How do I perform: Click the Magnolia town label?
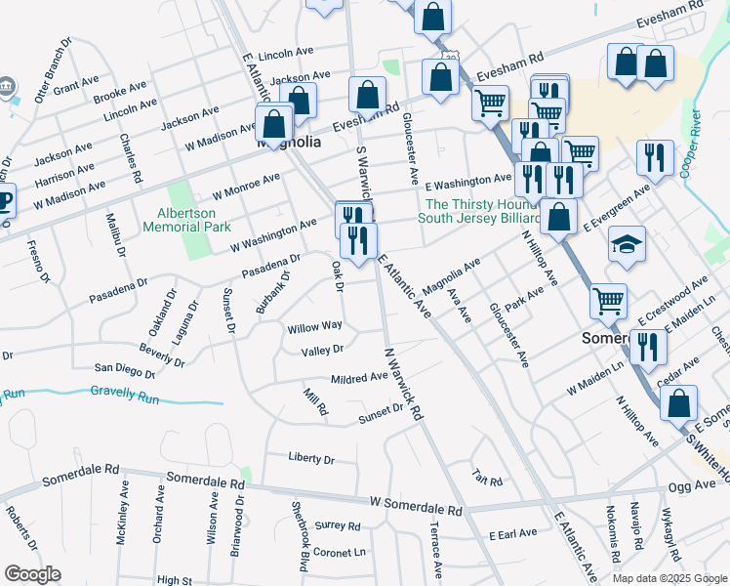289,143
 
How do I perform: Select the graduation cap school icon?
626,244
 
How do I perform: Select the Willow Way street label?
314,326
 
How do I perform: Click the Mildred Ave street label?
359,378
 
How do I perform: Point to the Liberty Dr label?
311,458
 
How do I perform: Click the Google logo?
33,574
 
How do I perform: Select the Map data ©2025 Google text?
669,578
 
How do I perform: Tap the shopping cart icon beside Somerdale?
609,300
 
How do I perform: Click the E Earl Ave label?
513,533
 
